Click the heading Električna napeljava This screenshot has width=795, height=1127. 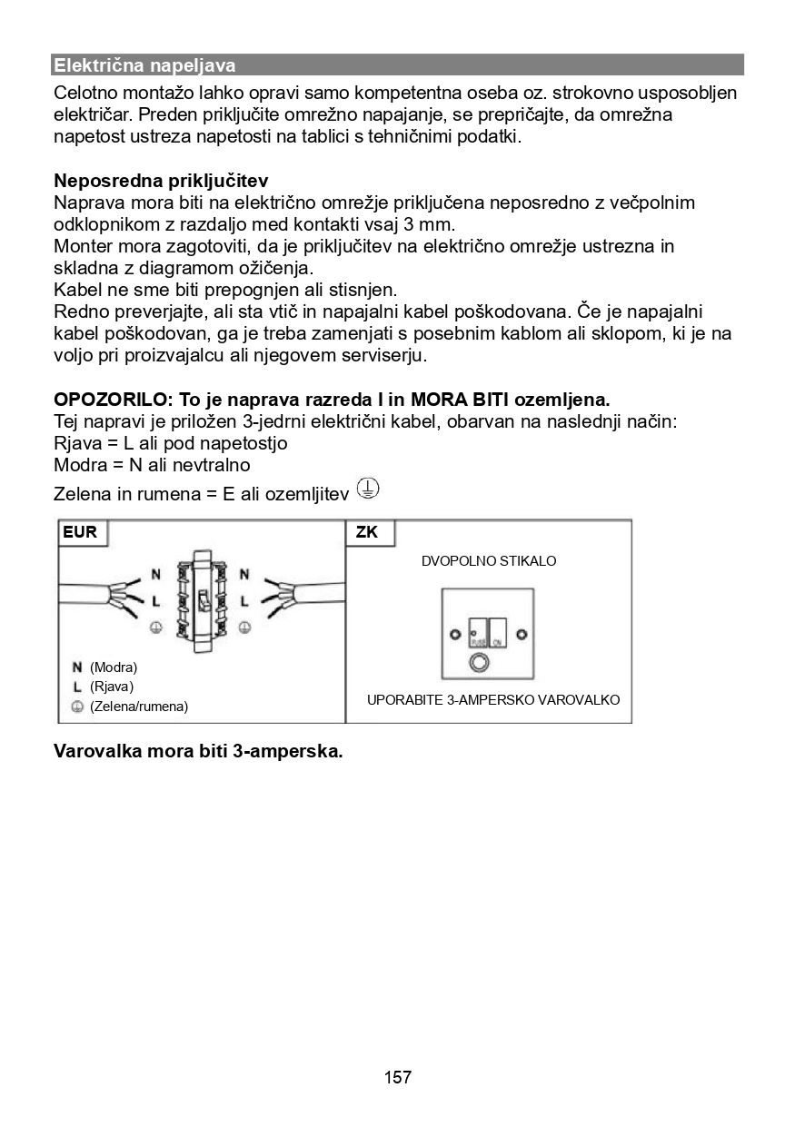point(144,65)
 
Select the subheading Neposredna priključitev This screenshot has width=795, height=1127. point(161,181)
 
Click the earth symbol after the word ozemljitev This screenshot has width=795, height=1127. point(367,489)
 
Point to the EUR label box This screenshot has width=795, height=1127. point(82,532)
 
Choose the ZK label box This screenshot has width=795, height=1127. point(368,532)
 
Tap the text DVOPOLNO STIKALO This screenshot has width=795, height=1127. point(489,561)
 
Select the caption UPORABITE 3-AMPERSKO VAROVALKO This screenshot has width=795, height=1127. point(493,700)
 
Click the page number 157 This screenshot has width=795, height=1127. point(398,1078)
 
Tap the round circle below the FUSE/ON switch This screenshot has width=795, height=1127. point(478,663)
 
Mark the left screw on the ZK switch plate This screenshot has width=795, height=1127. point(454,633)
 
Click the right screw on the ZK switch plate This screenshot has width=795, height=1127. point(521,633)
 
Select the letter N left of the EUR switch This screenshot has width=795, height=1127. point(155,575)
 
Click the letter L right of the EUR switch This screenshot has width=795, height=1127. point(243,600)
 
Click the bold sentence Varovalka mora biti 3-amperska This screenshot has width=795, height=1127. point(198,753)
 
